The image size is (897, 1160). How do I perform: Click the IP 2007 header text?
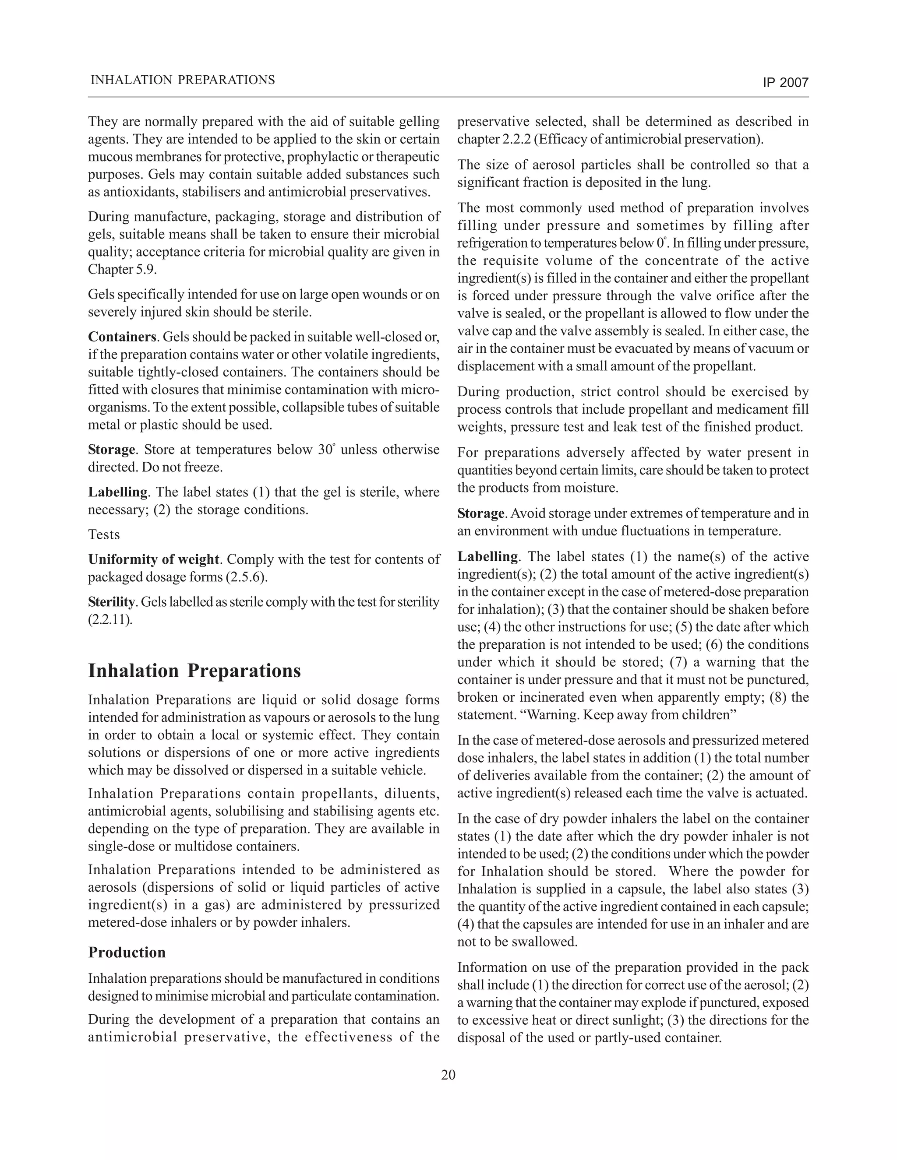pyautogui.click(x=785, y=82)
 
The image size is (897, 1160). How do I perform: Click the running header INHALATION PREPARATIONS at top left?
pyautogui.click(x=183, y=80)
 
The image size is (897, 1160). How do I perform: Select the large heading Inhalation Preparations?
pyautogui.click(x=194, y=671)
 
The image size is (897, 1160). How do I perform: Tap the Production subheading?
pyautogui.click(x=127, y=953)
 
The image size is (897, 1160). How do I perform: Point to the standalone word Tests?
pyautogui.click(x=104, y=534)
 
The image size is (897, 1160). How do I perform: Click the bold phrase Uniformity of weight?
pyautogui.click(x=154, y=559)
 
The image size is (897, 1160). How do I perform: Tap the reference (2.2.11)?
pyautogui.click(x=109, y=619)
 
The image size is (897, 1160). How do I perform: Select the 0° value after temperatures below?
pyautogui.click(x=660, y=243)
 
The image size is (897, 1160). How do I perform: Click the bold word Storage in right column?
pyautogui.click(x=480, y=513)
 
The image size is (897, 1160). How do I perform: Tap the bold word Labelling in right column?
pyautogui.click(x=488, y=557)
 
